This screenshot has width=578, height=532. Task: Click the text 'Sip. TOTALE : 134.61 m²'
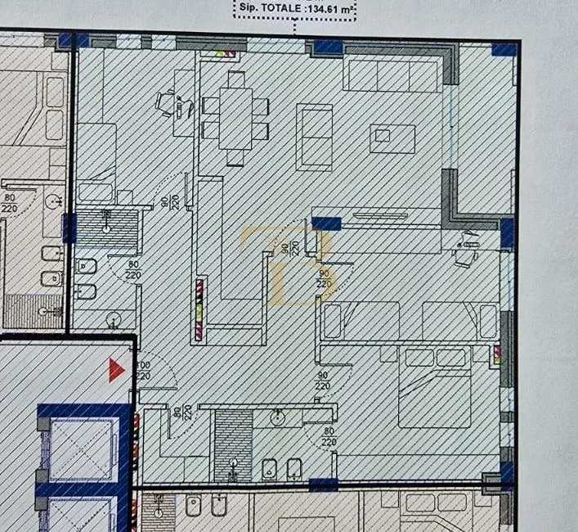pos(294,9)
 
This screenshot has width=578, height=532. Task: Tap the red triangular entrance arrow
pos(116,370)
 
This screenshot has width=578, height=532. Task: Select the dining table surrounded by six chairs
pos(235,117)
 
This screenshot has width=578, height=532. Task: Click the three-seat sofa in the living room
pos(392,76)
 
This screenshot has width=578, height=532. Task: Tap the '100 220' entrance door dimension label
pos(144,370)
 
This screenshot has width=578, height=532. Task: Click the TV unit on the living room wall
pos(379,216)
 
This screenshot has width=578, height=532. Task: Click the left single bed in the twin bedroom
pos(360,320)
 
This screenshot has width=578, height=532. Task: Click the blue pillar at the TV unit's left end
pos(326,223)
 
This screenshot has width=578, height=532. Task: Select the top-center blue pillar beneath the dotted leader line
pos(327,47)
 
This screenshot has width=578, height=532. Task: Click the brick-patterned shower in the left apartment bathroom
pos(33,310)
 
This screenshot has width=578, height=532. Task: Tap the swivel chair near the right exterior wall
pos(468,246)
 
